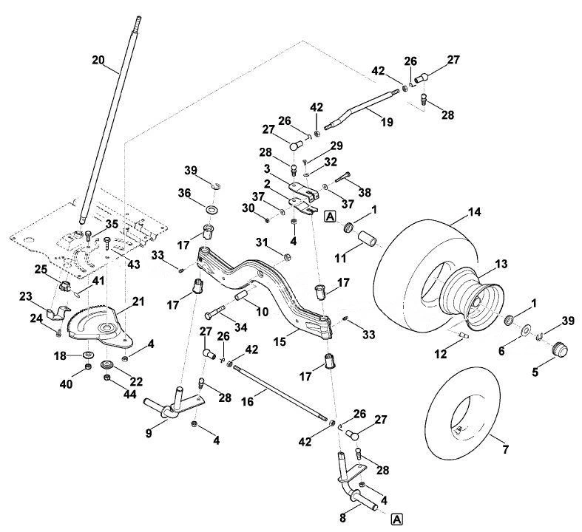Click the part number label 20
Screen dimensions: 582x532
98,60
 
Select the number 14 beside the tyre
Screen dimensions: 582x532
474,212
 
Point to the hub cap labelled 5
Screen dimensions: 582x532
559,349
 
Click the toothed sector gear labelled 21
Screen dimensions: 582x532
98,324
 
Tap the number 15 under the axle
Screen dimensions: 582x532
280,341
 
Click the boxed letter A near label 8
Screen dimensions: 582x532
397,519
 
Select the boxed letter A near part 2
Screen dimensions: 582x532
330,216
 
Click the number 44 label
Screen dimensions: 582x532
129,394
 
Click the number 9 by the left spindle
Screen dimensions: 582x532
149,433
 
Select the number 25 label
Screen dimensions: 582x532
41,270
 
